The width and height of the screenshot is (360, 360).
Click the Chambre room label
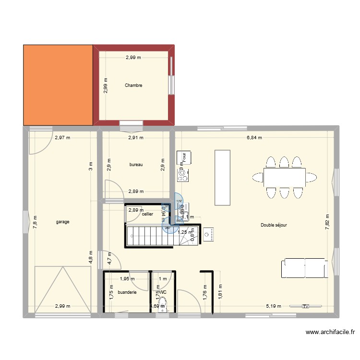(x=133, y=85)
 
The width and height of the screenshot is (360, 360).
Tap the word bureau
(x=136, y=165)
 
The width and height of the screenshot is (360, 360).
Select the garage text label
(x=63, y=222)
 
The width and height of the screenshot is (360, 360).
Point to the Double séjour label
(x=274, y=225)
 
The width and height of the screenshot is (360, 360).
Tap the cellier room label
(x=147, y=214)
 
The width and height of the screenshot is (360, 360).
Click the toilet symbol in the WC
(x=163, y=303)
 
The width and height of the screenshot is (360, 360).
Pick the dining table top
(x=284, y=178)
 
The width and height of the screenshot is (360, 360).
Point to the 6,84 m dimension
(x=254, y=138)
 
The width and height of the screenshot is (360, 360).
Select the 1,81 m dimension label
(x=220, y=292)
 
